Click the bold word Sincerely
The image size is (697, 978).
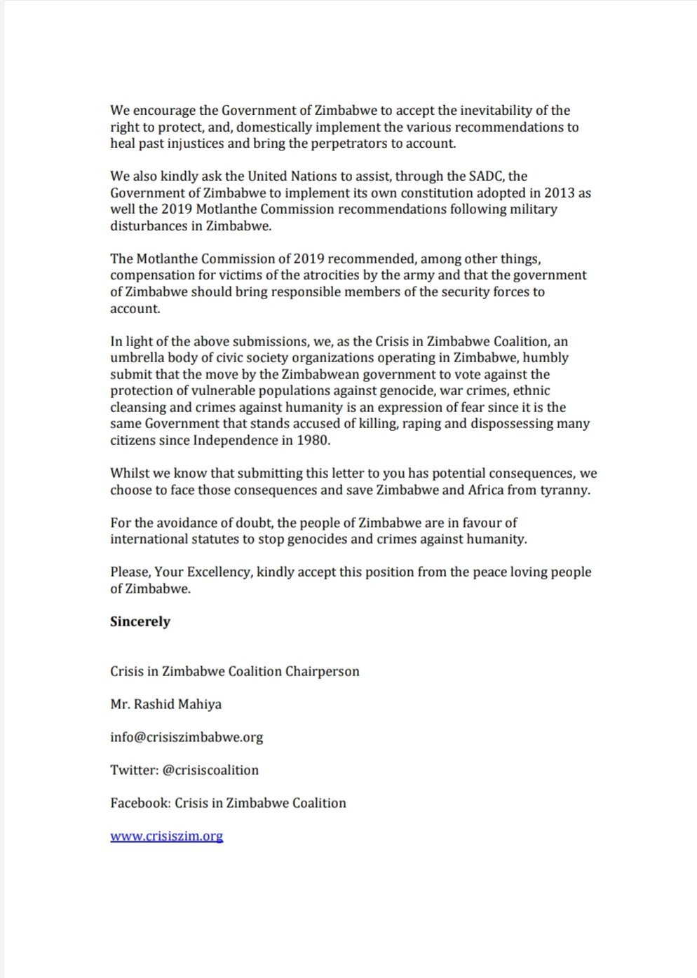(x=140, y=621)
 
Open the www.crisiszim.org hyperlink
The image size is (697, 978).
(x=166, y=835)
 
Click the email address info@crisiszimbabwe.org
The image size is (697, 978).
(x=187, y=736)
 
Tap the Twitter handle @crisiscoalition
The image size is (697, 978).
(x=210, y=769)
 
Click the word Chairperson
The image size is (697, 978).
(x=322, y=670)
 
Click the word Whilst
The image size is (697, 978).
(x=129, y=473)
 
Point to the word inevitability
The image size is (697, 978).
(x=482, y=110)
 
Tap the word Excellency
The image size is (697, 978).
(x=218, y=572)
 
